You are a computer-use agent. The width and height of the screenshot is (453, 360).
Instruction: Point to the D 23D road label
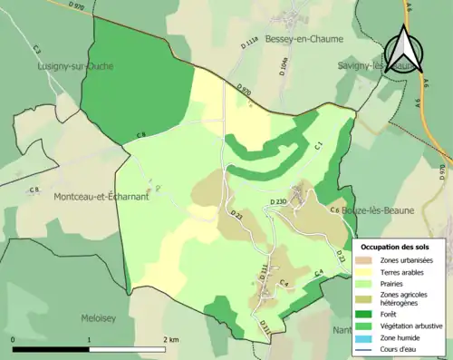click(277, 201)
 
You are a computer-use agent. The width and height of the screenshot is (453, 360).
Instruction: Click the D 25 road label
click(237, 215)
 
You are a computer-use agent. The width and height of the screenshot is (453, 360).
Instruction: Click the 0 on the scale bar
click(14, 339)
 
